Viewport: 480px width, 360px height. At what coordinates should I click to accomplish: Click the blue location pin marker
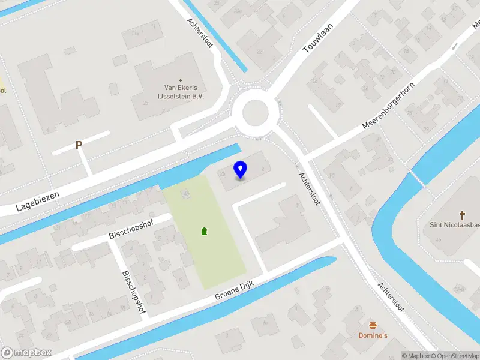click(x=240, y=170)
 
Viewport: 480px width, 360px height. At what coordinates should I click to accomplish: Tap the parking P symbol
click(x=79, y=145)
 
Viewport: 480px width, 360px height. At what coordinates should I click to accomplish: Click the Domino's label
click(x=374, y=335)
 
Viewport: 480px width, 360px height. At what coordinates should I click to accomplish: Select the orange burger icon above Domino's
click(x=374, y=325)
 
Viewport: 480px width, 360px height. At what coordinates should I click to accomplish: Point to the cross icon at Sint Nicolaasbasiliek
click(x=463, y=215)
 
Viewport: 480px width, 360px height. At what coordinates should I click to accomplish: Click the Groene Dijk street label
click(x=236, y=292)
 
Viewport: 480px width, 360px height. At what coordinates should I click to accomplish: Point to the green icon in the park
click(x=205, y=231)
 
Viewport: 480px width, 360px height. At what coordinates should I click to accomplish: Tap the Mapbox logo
click(x=25, y=353)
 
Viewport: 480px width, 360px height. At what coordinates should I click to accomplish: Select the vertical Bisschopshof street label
click(x=133, y=290)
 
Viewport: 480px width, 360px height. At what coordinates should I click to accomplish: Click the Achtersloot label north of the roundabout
click(x=200, y=34)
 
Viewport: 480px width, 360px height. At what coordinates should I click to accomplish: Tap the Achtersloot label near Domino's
click(x=391, y=298)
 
